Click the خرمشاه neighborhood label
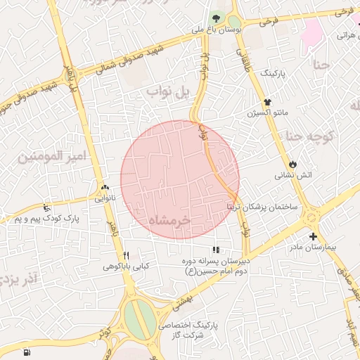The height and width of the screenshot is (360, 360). point(169,221)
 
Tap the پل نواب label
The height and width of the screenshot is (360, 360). point(165,92)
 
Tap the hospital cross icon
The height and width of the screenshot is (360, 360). point(313,237)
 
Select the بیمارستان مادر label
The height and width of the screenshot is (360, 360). point(313,248)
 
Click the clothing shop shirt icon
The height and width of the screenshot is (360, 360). point(267,102)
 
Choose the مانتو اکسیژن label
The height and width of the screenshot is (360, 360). point(266,113)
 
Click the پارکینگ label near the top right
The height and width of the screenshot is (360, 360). point(274,72)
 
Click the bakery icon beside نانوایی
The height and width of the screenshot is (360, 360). point(105,188)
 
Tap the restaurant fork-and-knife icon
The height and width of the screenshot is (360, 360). point(127,255)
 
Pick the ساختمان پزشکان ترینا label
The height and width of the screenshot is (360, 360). point(262,207)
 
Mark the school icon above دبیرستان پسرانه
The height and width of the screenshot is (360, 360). point(216,250)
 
